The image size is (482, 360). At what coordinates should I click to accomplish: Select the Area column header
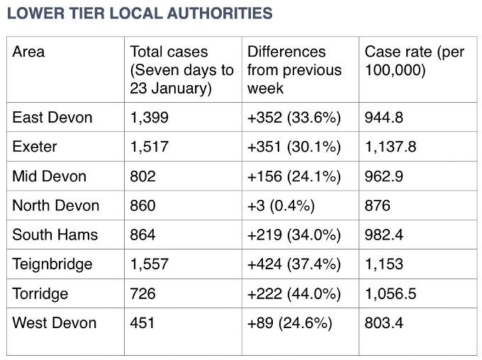point(28,52)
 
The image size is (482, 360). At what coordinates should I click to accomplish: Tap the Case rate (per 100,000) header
point(415,61)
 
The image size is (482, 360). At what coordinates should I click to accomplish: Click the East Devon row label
point(52,118)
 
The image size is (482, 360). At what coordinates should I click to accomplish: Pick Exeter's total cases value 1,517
point(150,147)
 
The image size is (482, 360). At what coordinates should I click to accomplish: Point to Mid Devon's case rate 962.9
point(383,176)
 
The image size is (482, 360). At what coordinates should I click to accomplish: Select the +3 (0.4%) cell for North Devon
point(281,206)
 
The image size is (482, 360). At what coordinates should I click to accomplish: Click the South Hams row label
point(55,235)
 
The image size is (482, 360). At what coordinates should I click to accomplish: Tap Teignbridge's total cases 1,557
point(150,264)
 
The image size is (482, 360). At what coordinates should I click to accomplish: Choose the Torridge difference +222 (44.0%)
point(294,293)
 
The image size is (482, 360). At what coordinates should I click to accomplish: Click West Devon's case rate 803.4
point(383,323)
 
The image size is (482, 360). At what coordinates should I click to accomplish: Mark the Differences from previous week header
point(294,70)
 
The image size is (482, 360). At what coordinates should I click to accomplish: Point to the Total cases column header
point(181,70)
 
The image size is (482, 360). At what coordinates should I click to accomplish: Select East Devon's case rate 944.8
point(383,118)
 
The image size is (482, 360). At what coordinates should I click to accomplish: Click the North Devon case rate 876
point(377,206)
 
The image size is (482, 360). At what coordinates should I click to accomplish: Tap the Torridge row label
point(40,294)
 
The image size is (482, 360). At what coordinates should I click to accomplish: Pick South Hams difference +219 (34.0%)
point(294,235)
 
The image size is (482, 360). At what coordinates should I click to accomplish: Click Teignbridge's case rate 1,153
point(384,264)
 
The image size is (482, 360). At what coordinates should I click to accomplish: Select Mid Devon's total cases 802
point(142,176)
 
